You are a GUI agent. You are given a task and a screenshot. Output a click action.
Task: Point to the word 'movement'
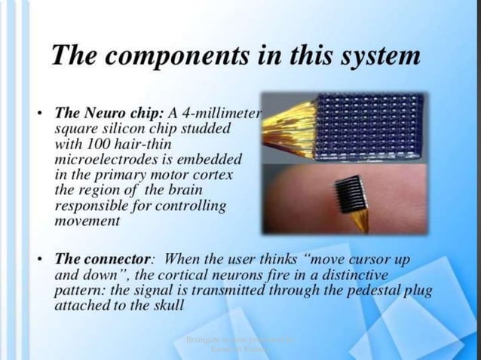[x=87, y=221]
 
